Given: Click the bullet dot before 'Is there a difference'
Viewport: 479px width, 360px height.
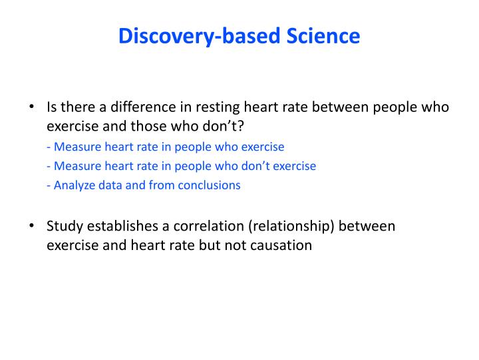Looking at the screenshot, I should [x=32, y=107].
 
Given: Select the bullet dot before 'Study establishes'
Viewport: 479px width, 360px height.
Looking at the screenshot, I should [x=32, y=226].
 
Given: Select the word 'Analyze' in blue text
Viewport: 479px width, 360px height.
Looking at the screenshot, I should [x=75, y=185].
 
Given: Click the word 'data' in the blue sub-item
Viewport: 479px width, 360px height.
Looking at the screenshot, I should [x=110, y=185].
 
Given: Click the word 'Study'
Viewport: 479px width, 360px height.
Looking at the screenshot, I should [x=63, y=226].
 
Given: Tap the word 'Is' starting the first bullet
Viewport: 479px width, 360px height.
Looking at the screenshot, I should [x=52, y=107].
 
